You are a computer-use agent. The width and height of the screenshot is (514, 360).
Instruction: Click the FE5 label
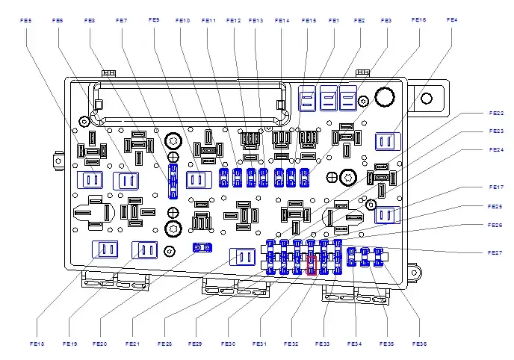coord(27,21)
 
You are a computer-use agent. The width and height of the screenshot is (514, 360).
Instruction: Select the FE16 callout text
coord(418,20)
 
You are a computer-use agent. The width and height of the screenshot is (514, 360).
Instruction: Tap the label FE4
coord(453,19)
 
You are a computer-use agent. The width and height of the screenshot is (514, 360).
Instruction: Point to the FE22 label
coord(496,113)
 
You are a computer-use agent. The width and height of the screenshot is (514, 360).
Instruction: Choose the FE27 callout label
coord(496,253)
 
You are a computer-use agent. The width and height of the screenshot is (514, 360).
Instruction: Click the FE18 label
coord(37,344)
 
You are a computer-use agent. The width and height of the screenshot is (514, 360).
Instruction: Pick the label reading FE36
coord(419,344)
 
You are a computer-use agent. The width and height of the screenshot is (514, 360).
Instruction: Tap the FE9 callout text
coord(154,19)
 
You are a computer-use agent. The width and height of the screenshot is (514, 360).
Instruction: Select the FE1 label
coord(334,21)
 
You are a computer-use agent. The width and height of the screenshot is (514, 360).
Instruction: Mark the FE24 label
coord(496,149)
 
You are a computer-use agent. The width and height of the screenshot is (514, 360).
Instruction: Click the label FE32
coord(291,344)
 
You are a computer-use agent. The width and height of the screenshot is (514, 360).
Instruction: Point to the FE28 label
coord(164,344)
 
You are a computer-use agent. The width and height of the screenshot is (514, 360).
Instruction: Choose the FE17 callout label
coord(496,187)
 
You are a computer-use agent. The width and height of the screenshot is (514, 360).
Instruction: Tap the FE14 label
coord(282,21)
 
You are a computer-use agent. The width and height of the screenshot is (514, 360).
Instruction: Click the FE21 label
coord(132,344)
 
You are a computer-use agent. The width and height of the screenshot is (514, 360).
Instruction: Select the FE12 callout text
coord(233,21)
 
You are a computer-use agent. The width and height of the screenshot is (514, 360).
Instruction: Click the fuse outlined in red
coord(313,264)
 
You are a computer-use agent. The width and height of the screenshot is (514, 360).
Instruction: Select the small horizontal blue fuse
coord(200,247)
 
